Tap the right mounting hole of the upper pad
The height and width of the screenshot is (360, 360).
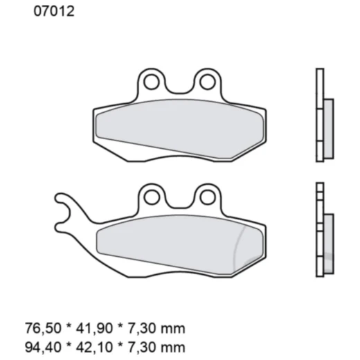click(x=206, y=82)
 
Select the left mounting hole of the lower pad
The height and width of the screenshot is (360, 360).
click(x=152, y=196)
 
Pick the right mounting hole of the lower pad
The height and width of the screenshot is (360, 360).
click(x=206, y=197)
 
